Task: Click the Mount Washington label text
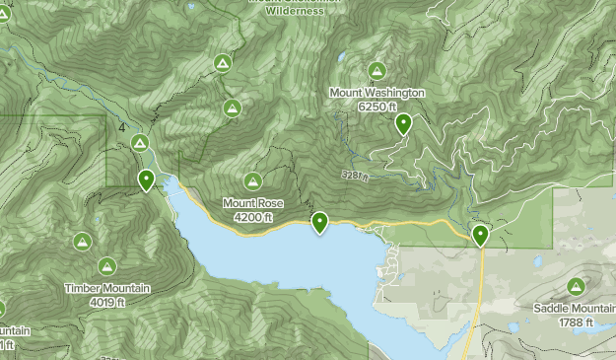click(377, 93)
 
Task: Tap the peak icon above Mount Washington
click(376, 71)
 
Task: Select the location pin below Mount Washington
click(403, 124)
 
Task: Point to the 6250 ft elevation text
click(377, 106)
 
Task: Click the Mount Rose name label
click(252, 203)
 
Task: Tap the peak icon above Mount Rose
click(253, 181)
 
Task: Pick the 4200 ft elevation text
click(253, 216)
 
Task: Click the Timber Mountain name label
click(107, 288)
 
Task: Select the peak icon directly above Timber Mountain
click(107, 266)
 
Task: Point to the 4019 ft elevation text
click(107, 301)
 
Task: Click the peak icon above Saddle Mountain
click(576, 287)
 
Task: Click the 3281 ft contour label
click(355, 177)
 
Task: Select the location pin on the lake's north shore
click(319, 223)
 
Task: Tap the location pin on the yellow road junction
click(480, 235)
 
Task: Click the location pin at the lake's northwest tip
click(146, 180)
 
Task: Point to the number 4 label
click(121, 128)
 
